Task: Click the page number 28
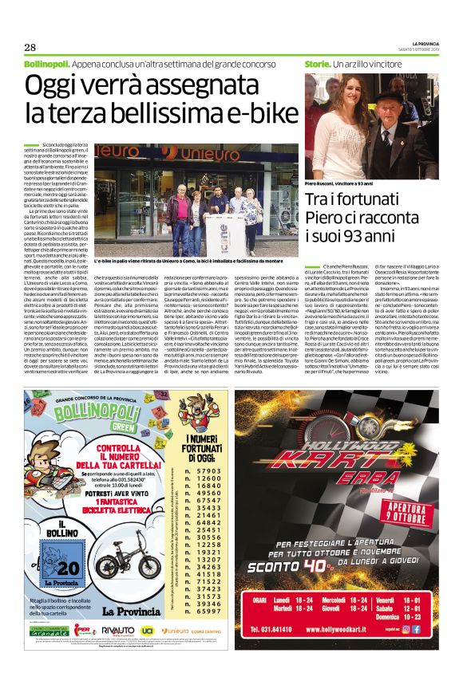click(x=30, y=46)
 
